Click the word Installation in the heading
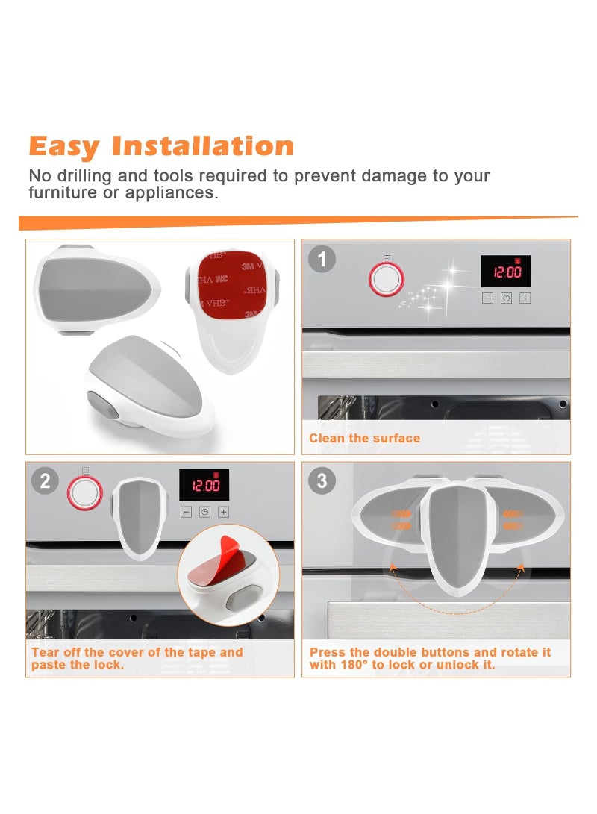(x=202, y=145)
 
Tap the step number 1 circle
(x=322, y=259)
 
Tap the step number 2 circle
(x=45, y=481)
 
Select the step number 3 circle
(x=322, y=481)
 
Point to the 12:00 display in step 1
(x=505, y=272)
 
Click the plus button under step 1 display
(x=525, y=298)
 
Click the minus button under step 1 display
(x=487, y=298)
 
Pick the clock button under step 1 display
(x=506, y=298)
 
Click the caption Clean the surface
(x=364, y=438)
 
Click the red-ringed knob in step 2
(x=84, y=492)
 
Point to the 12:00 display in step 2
(x=204, y=486)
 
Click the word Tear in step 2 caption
(x=46, y=652)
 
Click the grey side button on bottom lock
(x=101, y=404)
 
